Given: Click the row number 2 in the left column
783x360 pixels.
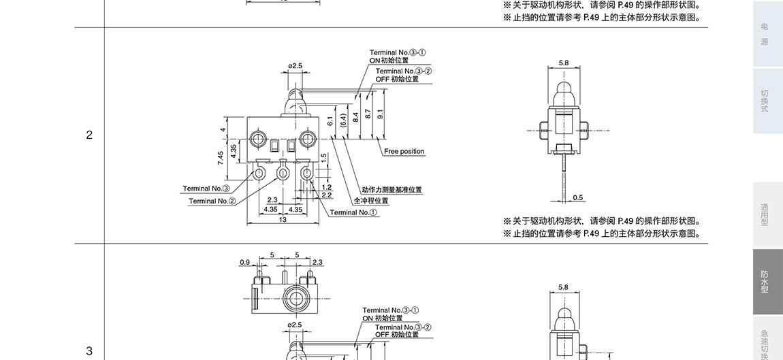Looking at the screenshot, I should (89, 135).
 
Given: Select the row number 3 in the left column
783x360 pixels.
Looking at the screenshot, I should (89, 351).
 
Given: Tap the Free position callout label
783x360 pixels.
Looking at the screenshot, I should (404, 151).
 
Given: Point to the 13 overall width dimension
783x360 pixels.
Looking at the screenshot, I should (283, 219).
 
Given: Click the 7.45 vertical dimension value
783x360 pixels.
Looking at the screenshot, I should (221, 158).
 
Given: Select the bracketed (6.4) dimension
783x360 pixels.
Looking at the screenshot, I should (344, 120).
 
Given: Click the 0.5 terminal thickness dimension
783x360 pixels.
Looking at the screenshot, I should (578, 198).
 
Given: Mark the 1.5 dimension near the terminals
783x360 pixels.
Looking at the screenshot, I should (324, 157).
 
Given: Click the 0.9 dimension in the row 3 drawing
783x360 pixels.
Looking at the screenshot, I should (244, 261).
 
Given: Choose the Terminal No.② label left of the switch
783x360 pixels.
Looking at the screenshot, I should (212, 201).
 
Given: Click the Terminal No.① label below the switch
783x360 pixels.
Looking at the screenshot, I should (353, 212).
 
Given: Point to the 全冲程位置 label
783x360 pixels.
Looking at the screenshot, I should (371, 201).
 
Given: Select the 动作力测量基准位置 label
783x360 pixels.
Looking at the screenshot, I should (391, 190).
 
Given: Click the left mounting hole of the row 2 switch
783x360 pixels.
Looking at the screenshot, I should (258, 140).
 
